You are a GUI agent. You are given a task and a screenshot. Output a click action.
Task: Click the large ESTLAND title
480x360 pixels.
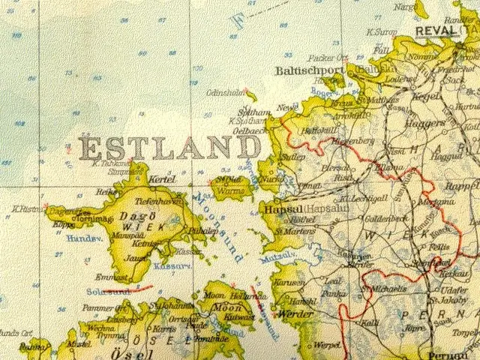point(170,148)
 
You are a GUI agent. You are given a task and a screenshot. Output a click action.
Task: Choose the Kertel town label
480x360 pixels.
point(161,181)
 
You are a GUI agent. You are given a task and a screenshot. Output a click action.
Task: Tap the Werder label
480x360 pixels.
point(295,313)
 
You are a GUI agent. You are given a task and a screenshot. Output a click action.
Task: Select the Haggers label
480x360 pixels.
point(425,121)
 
